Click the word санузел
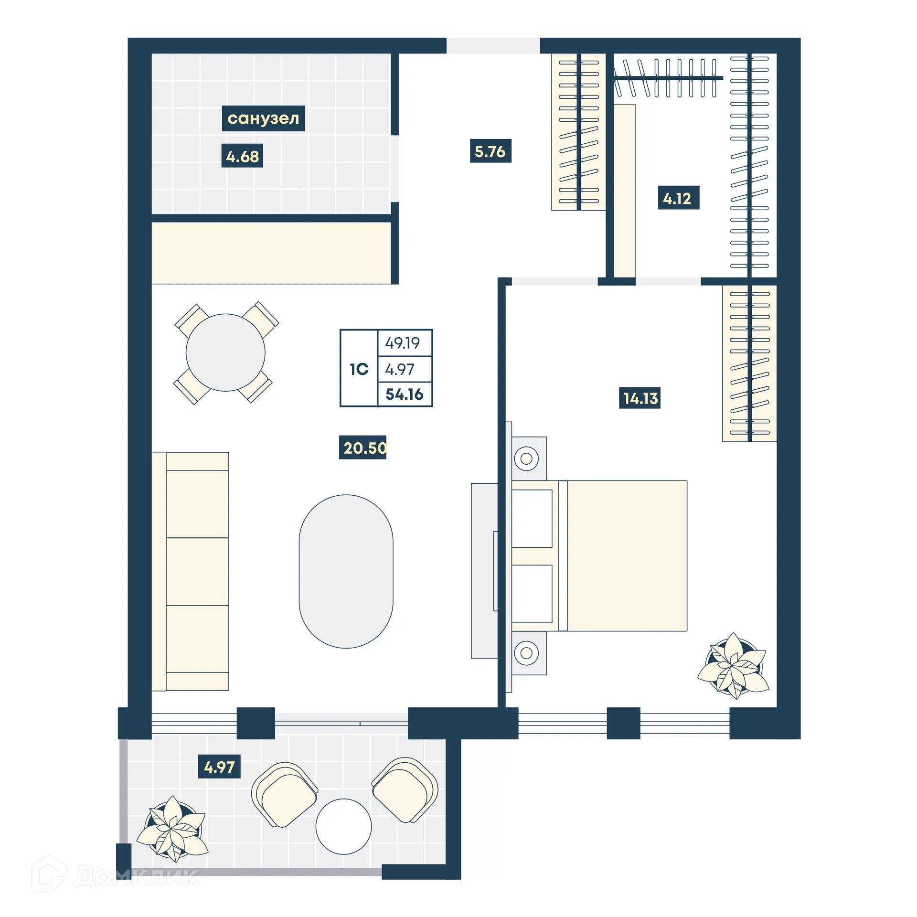263,118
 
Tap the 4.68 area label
242,156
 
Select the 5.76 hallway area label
490,151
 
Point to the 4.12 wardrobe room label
678,198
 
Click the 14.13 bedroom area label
639,397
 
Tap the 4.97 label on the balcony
219,767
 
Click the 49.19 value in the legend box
402,343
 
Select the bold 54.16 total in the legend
404,394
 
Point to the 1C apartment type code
359,369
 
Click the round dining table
225,352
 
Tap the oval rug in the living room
346,571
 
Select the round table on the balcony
343,826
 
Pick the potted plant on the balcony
173,829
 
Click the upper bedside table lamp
526,458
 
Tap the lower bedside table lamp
526,653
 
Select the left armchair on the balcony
285,794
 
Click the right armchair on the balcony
405,789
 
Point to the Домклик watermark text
136,877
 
